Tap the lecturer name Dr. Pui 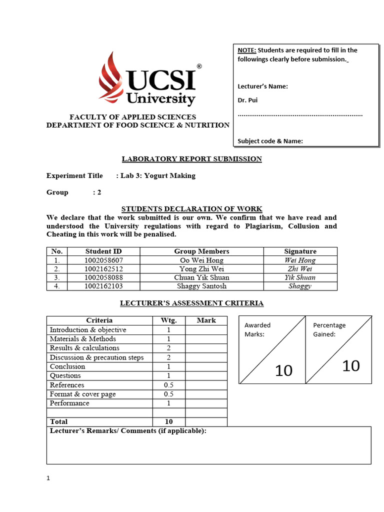coord(247,100)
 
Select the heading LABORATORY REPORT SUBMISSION coord(192,159)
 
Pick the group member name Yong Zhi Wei coord(201,269)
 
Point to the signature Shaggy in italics coord(300,286)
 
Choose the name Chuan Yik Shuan coord(201,277)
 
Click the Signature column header coord(300,251)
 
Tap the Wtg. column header coord(169,320)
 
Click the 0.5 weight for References coord(169,385)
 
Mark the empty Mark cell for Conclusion coord(206,366)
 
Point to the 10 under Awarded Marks coord(283,371)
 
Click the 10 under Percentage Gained coord(350,366)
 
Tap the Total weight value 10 coord(169,421)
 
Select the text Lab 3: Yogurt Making coord(158,176)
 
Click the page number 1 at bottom coord(48,478)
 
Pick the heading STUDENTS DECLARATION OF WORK coord(192,209)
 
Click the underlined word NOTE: coord(246,50)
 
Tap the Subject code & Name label coord(270,141)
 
